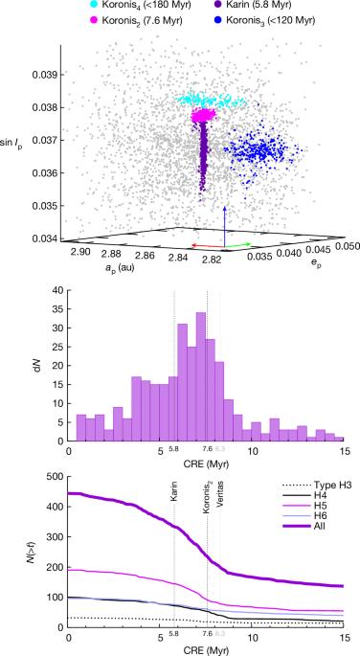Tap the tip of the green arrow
point(251,244)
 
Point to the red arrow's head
point(192,245)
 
